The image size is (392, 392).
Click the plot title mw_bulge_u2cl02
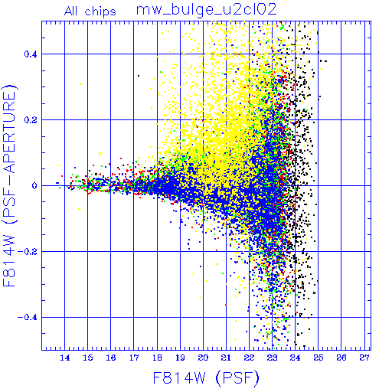pyautogui.click(x=206, y=10)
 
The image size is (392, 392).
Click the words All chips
pyautogui.click(x=90, y=11)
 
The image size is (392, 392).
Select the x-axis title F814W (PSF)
pyautogui.click(x=206, y=378)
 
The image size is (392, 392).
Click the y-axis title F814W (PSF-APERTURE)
pyautogui.click(x=9, y=185)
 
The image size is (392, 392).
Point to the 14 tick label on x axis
pyautogui.click(x=65, y=358)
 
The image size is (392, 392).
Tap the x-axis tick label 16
pyautogui.click(x=111, y=358)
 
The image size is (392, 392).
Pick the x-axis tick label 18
pyautogui.click(x=157, y=358)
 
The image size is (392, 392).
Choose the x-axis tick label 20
pyautogui.click(x=203, y=358)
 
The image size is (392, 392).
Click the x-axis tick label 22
pyautogui.click(x=249, y=358)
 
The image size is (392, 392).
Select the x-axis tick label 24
pyautogui.click(x=296, y=358)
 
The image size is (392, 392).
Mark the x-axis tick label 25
pyautogui.click(x=318, y=358)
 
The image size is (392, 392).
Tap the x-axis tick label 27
pyautogui.click(x=364, y=358)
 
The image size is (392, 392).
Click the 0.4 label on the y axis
pyautogui.click(x=31, y=54)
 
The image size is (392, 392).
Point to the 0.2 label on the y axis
pyautogui.click(x=31, y=120)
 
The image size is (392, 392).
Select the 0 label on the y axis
pyautogui.click(x=34, y=186)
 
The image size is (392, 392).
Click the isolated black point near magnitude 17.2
pyautogui.click(x=139, y=76)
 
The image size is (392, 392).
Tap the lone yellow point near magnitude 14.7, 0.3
pyautogui.click(x=81, y=84)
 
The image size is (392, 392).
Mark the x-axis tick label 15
pyautogui.click(x=88, y=358)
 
